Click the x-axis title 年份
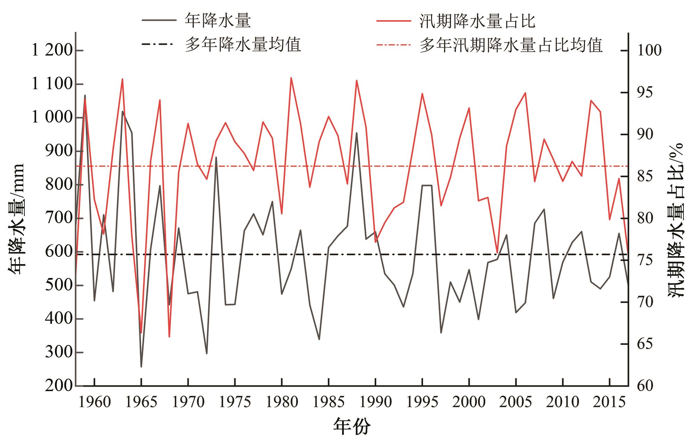352,427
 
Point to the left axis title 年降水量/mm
16,219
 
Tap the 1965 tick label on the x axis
141,402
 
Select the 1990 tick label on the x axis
375,402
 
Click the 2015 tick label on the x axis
609,402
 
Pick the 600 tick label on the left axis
59,252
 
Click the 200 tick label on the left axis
59,386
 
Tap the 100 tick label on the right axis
649,51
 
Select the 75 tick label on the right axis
645,260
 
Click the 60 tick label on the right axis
645,386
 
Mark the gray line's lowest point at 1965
141,366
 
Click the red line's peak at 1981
291,78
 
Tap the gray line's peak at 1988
357,133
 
